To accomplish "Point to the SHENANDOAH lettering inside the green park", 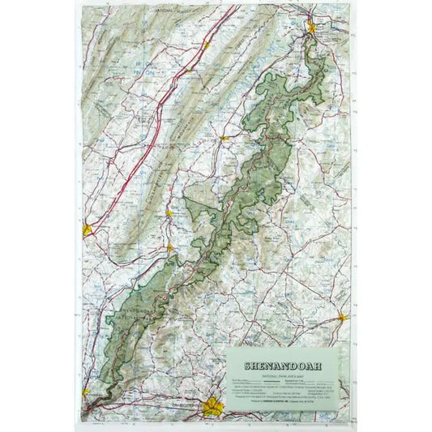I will (x=130, y=306).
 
